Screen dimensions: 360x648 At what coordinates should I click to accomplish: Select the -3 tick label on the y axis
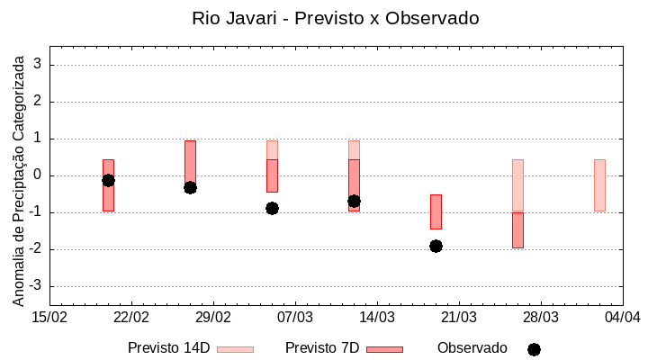click(x=36, y=286)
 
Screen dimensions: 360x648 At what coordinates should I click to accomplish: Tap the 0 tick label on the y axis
click(x=39, y=175)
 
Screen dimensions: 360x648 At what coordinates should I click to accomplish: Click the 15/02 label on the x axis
click(x=49, y=318)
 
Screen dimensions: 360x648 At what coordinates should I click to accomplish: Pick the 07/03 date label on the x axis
click(x=295, y=318)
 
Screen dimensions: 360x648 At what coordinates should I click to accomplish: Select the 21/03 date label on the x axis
click(x=459, y=318)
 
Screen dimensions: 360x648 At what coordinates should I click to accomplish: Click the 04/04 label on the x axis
click(x=622, y=318)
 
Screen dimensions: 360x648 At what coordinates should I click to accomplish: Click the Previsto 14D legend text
click(x=168, y=348)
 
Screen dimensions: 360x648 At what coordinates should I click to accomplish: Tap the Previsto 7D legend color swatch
click(x=384, y=349)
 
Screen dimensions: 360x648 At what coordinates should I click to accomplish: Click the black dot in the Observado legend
click(x=534, y=349)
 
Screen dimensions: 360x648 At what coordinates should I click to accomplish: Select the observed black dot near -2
click(x=436, y=246)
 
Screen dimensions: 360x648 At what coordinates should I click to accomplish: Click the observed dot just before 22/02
click(x=108, y=180)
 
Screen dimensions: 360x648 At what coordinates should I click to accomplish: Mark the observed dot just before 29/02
click(x=190, y=187)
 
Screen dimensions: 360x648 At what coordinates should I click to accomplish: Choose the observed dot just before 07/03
click(x=272, y=208)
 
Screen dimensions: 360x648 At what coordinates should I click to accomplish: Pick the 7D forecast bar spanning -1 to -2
click(x=517, y=230)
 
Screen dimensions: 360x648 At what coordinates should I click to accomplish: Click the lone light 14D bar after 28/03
click(x=599, y=185)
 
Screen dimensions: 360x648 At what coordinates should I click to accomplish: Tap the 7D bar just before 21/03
click(x=436, y=211)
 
